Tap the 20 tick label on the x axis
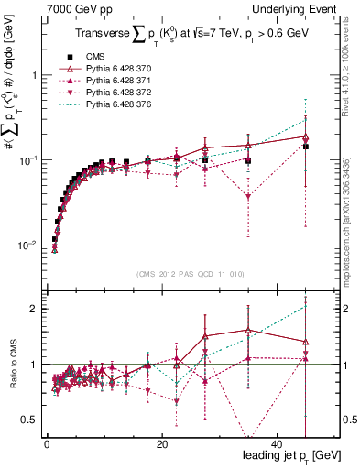coord(160,443)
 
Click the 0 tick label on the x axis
coord(47,443)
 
